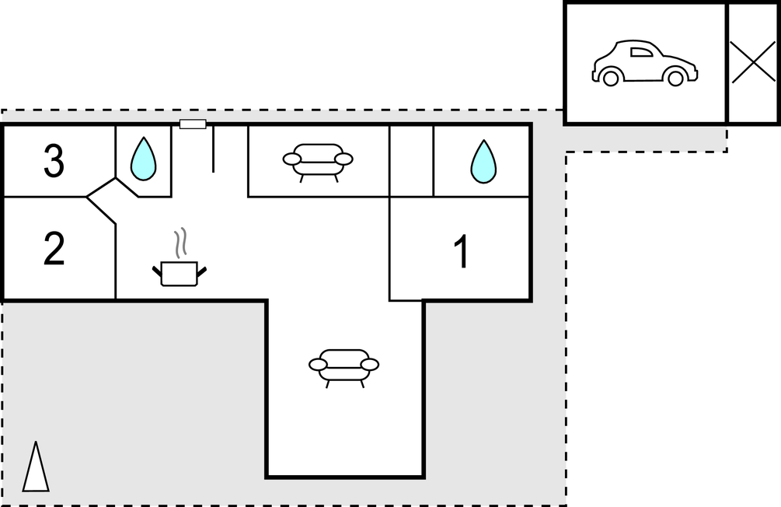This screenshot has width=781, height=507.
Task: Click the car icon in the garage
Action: point(645,63)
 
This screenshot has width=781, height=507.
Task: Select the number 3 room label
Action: point(54,160)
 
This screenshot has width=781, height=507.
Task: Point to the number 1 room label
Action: point(462,251)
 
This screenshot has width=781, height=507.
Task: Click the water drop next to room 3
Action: point(144,159)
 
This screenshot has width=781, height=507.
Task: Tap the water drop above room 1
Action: point(483,162)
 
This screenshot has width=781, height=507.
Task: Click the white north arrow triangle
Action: point(36,467)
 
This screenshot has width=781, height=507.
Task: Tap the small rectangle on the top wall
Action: point(193,124)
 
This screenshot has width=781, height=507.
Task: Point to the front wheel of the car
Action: point(675,78)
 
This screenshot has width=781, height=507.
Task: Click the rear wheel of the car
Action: point(611,78)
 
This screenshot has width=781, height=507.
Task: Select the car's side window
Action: point(641,52)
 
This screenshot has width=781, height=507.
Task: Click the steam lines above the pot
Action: point(181,243)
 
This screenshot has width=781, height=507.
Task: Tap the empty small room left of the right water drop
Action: point(411,161)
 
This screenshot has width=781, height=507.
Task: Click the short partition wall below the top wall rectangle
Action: point(213,149)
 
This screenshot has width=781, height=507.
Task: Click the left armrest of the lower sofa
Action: point(318,365)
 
